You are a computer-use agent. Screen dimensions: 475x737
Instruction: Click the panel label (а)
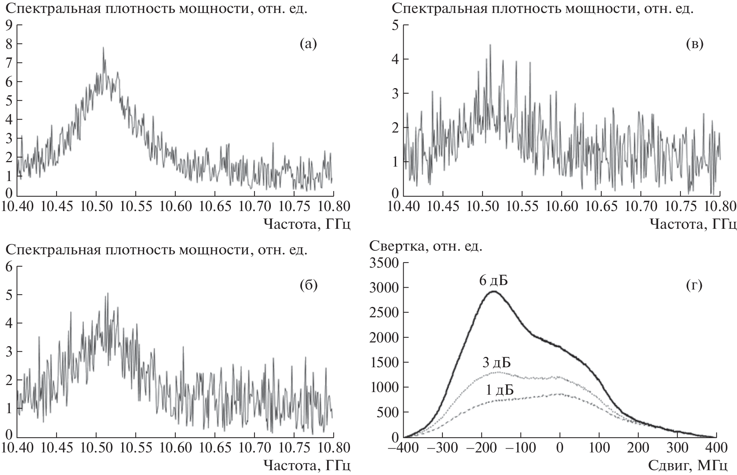(308, 44)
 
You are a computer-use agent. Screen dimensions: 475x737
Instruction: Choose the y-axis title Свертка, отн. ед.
(426, 246)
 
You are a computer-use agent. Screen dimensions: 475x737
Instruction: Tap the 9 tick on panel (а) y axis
(9, 25)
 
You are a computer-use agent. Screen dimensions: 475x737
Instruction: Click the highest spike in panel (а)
(103, 47)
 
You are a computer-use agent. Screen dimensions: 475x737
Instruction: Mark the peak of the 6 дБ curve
(494, 291)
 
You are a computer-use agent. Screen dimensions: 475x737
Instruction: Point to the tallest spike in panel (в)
(490, 45)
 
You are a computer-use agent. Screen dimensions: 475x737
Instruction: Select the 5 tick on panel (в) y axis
(395, 25)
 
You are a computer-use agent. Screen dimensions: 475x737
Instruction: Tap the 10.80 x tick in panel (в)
(720, 205)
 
